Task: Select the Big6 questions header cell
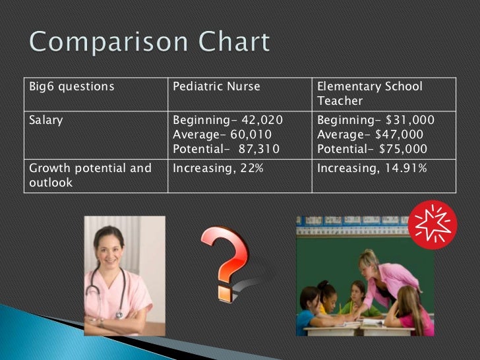click(71, 87)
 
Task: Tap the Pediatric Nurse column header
click(216, 87)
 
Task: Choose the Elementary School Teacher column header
click(369, 94)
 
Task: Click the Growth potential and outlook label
click(90, 175)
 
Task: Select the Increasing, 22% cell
click(218, 168)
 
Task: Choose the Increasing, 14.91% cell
click(372, 168)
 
